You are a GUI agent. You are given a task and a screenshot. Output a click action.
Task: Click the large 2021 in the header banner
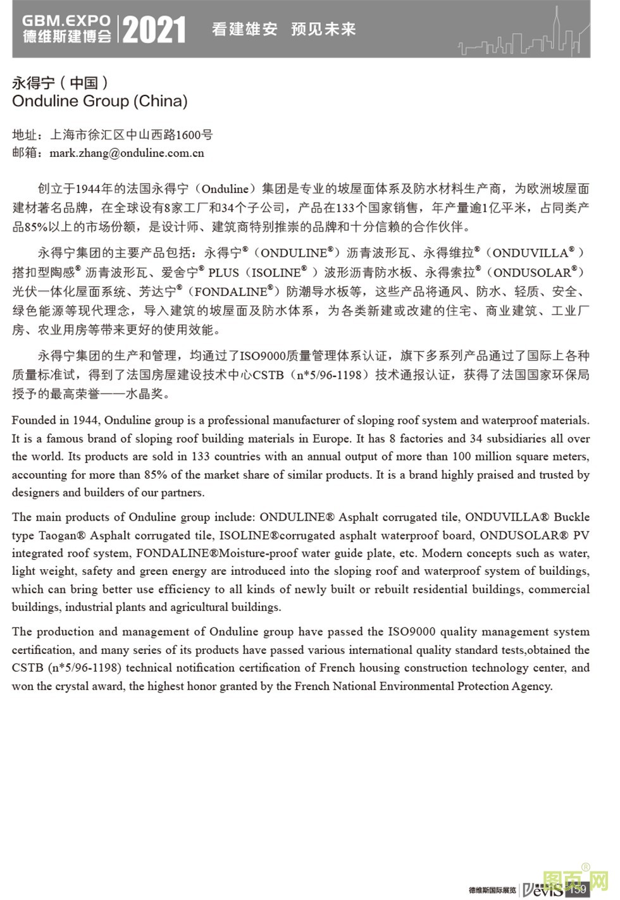click(x=154, y=30)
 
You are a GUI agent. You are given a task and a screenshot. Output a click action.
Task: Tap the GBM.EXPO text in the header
click(x=66, y=21)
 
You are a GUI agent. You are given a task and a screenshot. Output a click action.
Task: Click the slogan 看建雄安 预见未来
click(x=283, y=29)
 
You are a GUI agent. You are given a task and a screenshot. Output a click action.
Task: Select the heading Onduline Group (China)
click(x=100, y=101)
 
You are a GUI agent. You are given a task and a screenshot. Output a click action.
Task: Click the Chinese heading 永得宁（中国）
click(x=61, y=82)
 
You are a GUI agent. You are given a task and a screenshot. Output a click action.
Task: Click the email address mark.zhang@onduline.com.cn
click(x=127, y=152)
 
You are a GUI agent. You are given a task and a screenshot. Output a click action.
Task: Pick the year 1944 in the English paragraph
click(x=85, y=421)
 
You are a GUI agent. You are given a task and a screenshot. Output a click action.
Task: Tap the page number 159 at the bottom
click(x=579, y=889)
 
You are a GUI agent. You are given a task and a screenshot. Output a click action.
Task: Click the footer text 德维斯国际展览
click(x=492, y=890)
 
